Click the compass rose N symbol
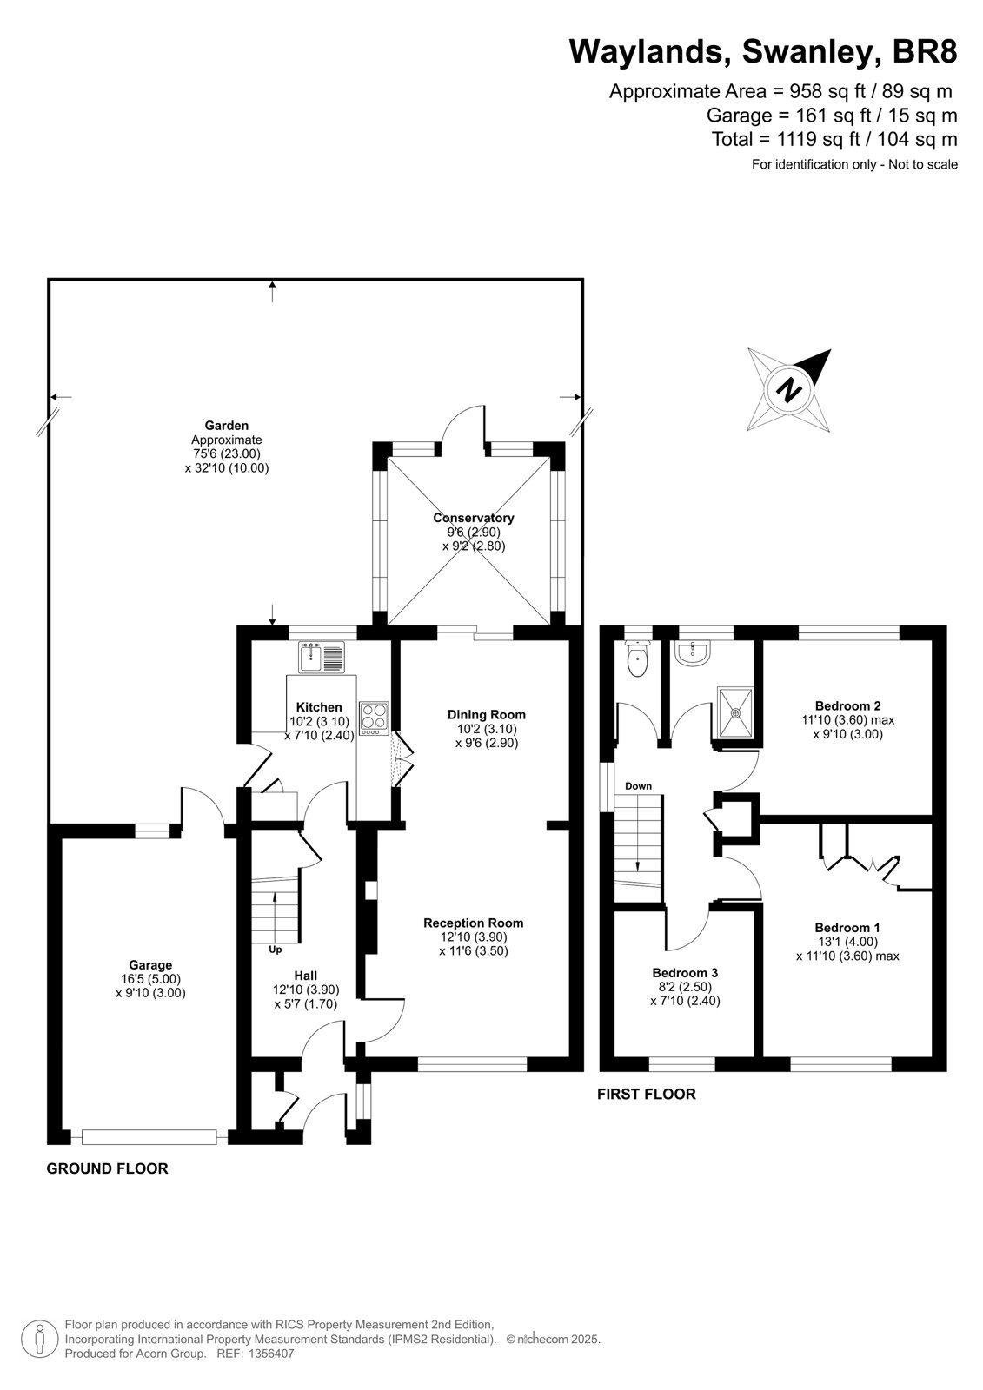(788, 390)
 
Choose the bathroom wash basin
(694, 653)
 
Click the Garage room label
(150, 965)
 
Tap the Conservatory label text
(473, 518)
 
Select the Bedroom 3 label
(685, 972)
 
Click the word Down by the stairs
(638, 786)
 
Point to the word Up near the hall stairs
(276, 950)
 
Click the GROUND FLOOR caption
(108, 1168)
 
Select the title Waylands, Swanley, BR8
(763, 51)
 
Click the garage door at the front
(149, 1136)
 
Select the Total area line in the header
(834, 139)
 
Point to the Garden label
(227, 426)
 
